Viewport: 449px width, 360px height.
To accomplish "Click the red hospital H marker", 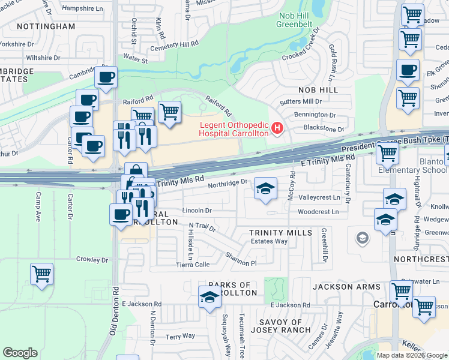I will coord(277,127).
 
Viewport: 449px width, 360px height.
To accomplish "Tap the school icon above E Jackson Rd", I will coord(209,296).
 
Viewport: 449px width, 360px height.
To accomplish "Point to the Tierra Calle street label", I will coord(193,264).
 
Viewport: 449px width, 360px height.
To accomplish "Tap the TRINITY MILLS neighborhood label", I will coord(281,232).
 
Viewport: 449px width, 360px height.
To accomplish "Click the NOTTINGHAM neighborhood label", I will coord(46,26).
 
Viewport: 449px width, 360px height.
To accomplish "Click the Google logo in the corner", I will coord(20,353).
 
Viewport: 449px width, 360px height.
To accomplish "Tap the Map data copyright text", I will coord(412,355).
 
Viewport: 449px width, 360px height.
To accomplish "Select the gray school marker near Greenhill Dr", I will coord(362,239).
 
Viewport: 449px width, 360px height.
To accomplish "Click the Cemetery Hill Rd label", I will coord(174,45).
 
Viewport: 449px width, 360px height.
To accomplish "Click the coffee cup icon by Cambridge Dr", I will coord(106,77).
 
